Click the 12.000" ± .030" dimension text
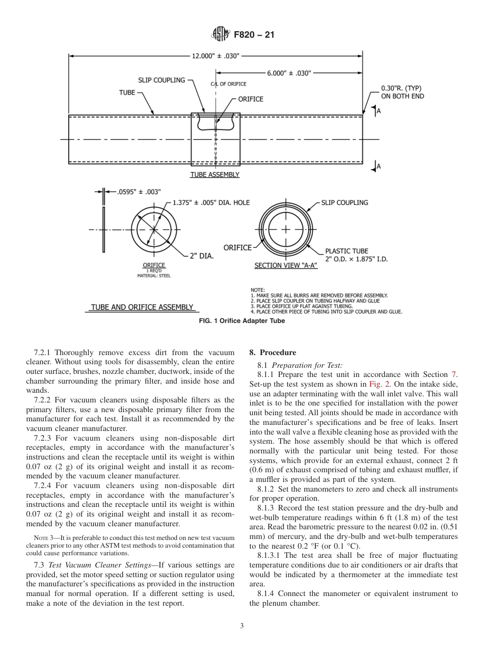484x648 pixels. click(x=216, y=56)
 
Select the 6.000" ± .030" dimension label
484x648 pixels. click(x=289, y=73)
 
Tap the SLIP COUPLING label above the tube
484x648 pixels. click(x=162, y=80)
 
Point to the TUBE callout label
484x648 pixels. click(x=127, y=93)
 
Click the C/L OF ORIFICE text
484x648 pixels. click(x=228, y=84)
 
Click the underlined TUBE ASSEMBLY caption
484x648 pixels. click(x=214, y=174)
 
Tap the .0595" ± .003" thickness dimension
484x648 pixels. click(x=139, y=192)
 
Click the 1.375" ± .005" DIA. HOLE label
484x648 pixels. click(x=211, y=202)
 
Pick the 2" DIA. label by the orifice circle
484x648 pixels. click(x=201, y=257)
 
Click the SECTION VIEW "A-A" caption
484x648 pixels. click(x=286, y=266)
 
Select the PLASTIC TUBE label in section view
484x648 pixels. click(x=346, y=251)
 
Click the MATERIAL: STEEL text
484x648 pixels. click(x=154, y=276)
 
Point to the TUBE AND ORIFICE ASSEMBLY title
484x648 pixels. click(x=142, y=307)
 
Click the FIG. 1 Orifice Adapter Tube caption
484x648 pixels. click(x=241, y=321)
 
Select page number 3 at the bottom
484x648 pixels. click(x=242, y=626)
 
